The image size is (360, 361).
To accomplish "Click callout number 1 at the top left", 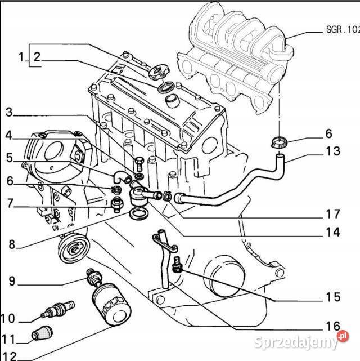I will pyautogui.click(x=22, y=56).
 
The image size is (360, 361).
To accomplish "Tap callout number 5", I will pyautogui.click(x=9, y=158).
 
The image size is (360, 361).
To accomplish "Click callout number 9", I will pyautogui.click(x=11, y=280).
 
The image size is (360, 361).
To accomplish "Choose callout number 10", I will pyautogui.click(x=8, y=318).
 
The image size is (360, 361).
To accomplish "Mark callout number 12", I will pyautogui.click(x=9, y=356).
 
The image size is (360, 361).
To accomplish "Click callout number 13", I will pyautogui.click(x=332, y=151).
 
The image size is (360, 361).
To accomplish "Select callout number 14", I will pyautogui.click(x=332, y=231).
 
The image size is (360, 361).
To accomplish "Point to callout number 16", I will pyautogui.click(x=332, y=326).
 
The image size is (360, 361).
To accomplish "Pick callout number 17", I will pyautogui.click(x=332, y=214).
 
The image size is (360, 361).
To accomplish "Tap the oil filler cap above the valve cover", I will pyautogui.click(x=159, y=73).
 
